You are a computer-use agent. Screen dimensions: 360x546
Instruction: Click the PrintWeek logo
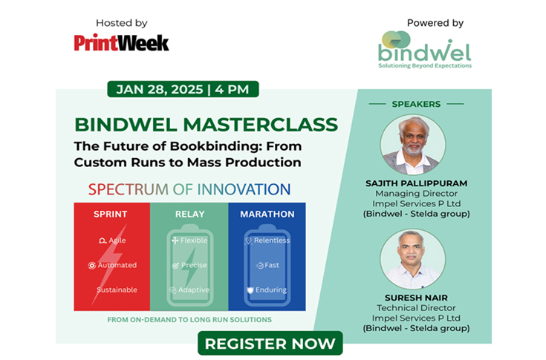click(x=121, y=42)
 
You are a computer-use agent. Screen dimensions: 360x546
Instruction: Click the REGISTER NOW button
click(x=270, y=344)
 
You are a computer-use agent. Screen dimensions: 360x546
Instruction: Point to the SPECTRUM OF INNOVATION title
click(x=189, y=189)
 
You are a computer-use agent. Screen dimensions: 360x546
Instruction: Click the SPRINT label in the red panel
click(x=111, y=215)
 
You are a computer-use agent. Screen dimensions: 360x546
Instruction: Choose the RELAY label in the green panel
click(x=189, y=215)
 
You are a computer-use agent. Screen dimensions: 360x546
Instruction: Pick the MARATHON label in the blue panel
click(x=267, y=215)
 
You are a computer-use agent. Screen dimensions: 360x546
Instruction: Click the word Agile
click(x=117, y=240)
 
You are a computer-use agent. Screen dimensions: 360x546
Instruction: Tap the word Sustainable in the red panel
click(x=117, y=289)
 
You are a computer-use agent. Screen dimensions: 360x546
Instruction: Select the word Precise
click(x=194, y=265)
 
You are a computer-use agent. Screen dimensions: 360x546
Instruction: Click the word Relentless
click(x=271, y=240)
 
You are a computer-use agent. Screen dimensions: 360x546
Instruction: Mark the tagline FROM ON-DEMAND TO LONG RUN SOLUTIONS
click(x=189, y=320)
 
